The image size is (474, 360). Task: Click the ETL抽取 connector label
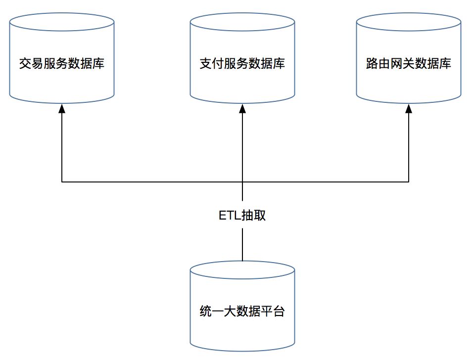pyautogui.click(x=242, y=216)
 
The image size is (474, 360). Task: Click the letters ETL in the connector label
pyautogui.click(x=229, y=216)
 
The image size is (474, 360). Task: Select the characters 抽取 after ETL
pyautogui.click(x=254, y=216)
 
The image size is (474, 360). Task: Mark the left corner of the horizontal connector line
pyautogui.click(x=62, y=182)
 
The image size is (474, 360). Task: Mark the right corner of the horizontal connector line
pyautogui.click(x=409, y=182)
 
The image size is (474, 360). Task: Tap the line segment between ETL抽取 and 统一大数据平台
pyautogui.click(x=242, y=245)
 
